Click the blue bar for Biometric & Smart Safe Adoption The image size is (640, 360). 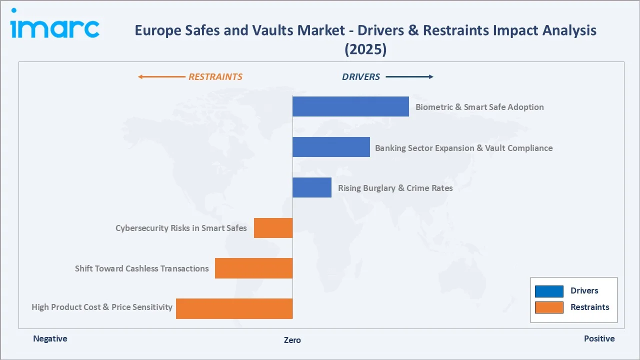pyautogui.click(x=350, y=106)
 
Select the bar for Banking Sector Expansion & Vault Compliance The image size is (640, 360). pyautogui.click(x=331, y=147)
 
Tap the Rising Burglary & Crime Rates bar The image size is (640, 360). pyautogui.click(x=311, y=187)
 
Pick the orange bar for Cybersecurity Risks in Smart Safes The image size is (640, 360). pyautogui.click(x=273, y=228)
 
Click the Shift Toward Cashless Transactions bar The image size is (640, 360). pyautogui.click(x=253, y=268)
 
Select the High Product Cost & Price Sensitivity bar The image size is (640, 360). pyautogui.click(x=234, y=308)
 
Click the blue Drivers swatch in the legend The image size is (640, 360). pyautogui.click(x=549, y=291)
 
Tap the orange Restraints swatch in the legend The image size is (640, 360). pyautogui.click(x=549, y=307)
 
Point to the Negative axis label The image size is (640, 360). pyautogui.click(x=50, y=338)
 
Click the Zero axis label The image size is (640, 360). pyautogui.click(x=292, y=340)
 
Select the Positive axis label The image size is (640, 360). pyautogui.click(x=599, y=338)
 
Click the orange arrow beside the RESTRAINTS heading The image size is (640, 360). pyautogui.click(x=161, y=77)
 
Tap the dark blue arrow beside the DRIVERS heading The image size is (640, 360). pyautogui.click(x=409, y=77)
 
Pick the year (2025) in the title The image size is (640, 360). pyautogui.click(x=365, y=49)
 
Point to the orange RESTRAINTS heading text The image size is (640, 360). pyautogui.click(x=215, y=77)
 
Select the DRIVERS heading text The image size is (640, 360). pyautogui.click(x=361, y=77)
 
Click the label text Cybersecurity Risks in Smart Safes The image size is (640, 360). pyautogui.click(x=181, y=228)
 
